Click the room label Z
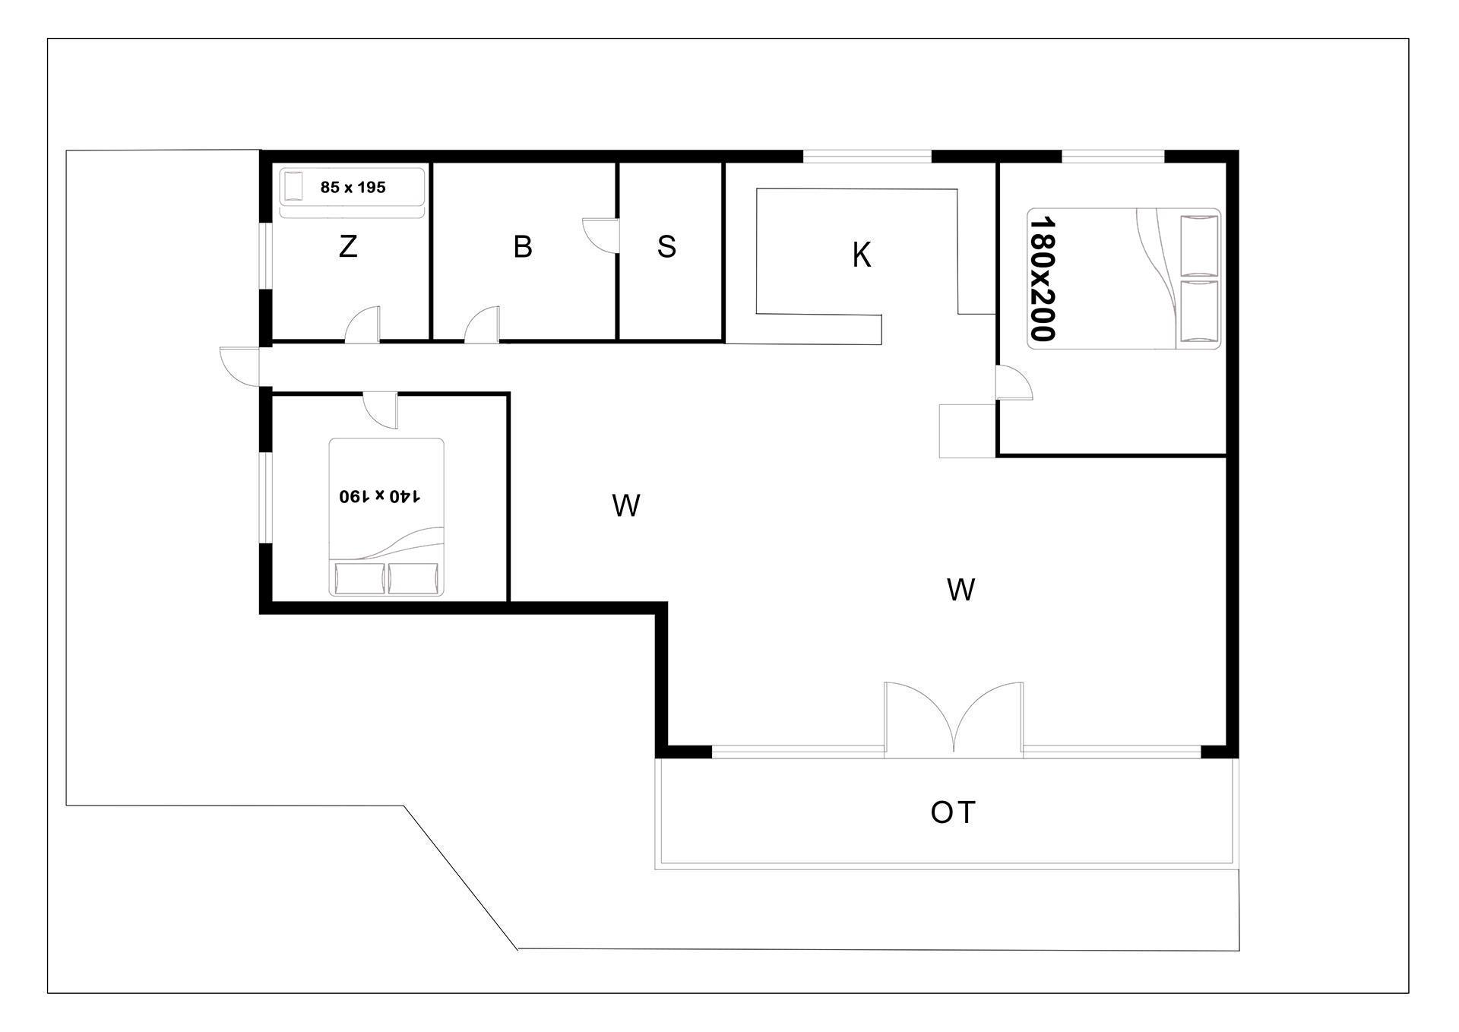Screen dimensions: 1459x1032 pos(348,246)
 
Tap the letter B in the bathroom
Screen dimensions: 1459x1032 pos(523,246)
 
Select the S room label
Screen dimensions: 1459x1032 pos(666,246)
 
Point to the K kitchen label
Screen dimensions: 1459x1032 pos(861,255)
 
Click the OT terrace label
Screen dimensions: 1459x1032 pos(953,812)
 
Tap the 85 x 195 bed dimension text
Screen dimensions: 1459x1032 pos(353,187)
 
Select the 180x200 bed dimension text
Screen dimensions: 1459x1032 pos(1043,278)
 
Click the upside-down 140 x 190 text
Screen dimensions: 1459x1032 pos(380,496)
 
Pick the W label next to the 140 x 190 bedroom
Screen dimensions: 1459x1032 pos(625,505)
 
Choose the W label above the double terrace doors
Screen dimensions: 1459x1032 pos(961,590)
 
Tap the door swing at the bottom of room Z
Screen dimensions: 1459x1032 pos(362,324)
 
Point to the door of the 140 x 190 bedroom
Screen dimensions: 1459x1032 pos(380,410)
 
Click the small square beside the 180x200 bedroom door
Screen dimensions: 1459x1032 pos(967,431)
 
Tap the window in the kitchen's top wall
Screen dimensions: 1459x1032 pos(867,157)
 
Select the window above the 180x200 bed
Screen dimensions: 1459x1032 pos(1112,157)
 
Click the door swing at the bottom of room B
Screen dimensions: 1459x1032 pos(482,324)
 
